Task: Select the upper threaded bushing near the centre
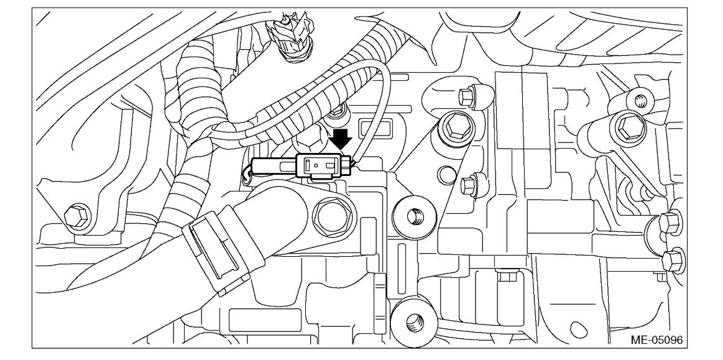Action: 411,216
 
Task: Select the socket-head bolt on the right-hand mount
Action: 625,127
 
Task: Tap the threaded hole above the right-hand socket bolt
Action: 640,98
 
